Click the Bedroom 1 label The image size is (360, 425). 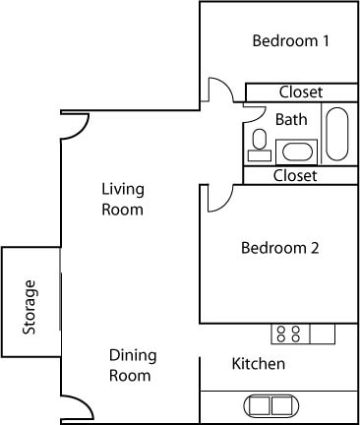[290, 41]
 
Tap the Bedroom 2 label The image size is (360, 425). [279, 248]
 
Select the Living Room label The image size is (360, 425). [123, 199]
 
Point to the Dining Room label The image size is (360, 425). [131, 365]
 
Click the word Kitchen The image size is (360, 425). [258, 364]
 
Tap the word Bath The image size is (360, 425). [290, 120]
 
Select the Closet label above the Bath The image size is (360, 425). [300, 92]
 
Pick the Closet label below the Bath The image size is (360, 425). [295, 176]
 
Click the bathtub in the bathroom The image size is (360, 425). [335, 133]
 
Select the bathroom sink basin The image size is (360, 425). [295, 152]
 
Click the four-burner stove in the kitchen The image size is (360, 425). [289, 334]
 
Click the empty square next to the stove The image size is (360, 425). [322, 334]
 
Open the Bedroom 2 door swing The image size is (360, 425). [217, 196]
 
